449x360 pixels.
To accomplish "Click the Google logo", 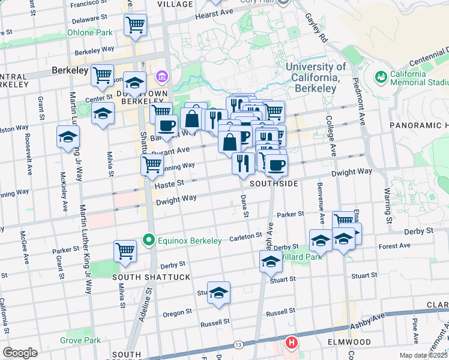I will click(20, 353).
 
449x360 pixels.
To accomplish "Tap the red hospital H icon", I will click(292, 343).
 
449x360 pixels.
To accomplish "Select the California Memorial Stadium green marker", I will click(380, 77).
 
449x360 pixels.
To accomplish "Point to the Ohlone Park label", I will click(89, 32).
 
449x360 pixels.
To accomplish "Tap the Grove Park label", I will click(80, 340).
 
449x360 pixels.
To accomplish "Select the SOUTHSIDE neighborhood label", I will click(274, 183).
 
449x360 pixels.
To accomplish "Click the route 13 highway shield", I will click(238, 344).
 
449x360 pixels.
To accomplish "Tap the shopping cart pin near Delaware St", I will click(136, 25).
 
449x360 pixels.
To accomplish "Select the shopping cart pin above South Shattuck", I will click(125, 251).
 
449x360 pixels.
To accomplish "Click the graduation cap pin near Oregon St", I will click(218, 292).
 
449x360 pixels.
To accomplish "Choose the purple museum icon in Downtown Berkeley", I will click(161, 77).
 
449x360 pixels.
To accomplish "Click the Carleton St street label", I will click(246, 238).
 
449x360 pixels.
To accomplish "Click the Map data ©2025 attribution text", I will click(424, 355).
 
